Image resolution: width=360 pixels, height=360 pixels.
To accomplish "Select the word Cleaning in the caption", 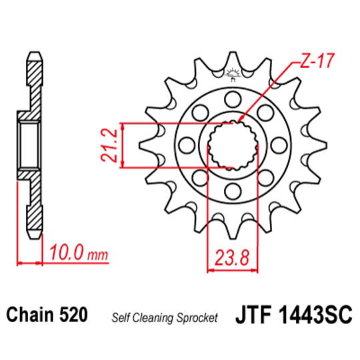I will point(153,317).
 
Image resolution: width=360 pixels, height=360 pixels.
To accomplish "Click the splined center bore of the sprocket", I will point(231,145).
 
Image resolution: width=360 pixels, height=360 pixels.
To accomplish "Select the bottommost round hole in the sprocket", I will point(231,192).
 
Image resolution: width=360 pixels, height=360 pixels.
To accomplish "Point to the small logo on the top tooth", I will point(231,73).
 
